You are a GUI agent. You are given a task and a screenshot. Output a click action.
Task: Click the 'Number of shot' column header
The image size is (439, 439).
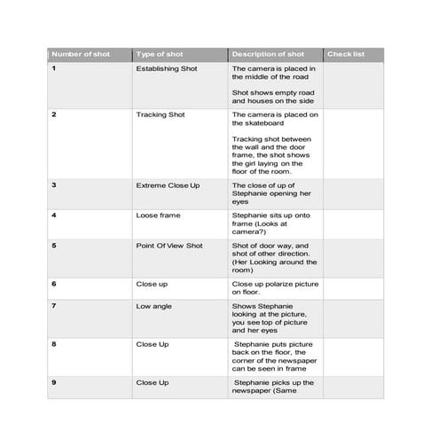click(79, 54)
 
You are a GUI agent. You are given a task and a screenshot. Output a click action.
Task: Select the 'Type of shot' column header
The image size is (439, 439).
click(160, 54)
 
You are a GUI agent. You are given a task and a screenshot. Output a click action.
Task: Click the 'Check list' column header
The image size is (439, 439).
click(345, 54)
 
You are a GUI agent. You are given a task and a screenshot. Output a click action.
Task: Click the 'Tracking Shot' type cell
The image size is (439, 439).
click(161, 114)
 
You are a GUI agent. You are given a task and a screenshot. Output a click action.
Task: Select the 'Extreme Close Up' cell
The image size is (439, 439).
click(168, 184)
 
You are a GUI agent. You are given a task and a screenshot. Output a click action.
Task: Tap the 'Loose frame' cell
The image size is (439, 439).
click(155, 215)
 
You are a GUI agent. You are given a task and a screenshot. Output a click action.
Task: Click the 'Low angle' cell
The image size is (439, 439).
click(154, 306)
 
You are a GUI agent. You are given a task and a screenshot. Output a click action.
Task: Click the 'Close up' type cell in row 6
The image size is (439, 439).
click(152, 284)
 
